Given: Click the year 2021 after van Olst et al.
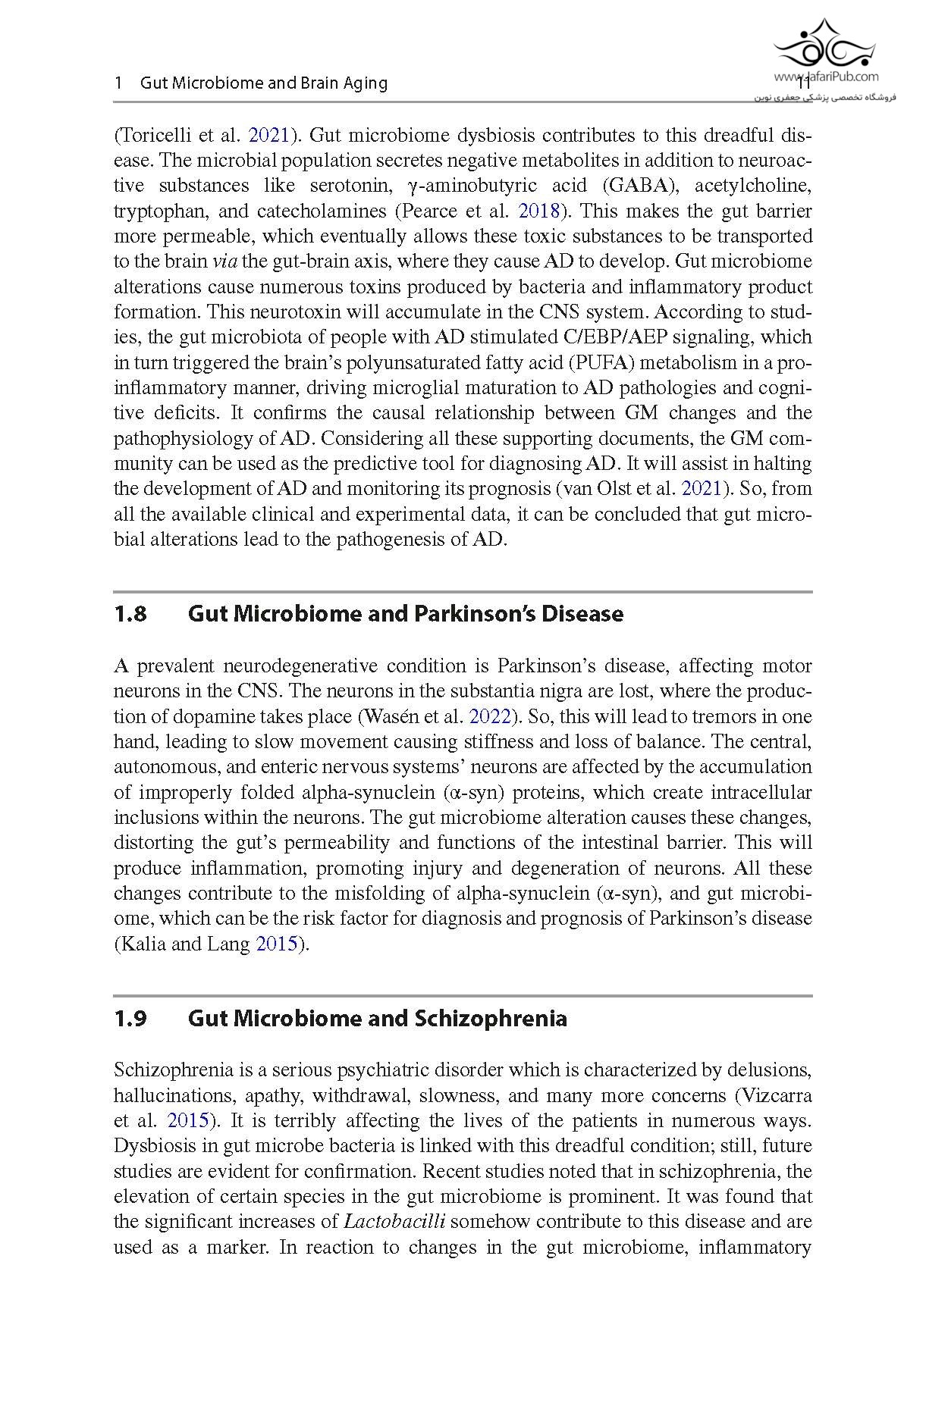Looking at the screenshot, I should [701, 489].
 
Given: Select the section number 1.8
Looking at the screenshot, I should [130, 614].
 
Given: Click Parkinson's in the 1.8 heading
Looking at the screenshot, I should [478, 614].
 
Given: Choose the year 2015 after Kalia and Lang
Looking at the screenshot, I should [276, 944].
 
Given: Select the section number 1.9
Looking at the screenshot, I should [130, 1019].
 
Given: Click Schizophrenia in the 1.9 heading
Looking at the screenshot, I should [491, 1019].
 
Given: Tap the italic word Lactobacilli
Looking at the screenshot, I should [394, 1222].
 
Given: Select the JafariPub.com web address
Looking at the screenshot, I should [826, 77].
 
